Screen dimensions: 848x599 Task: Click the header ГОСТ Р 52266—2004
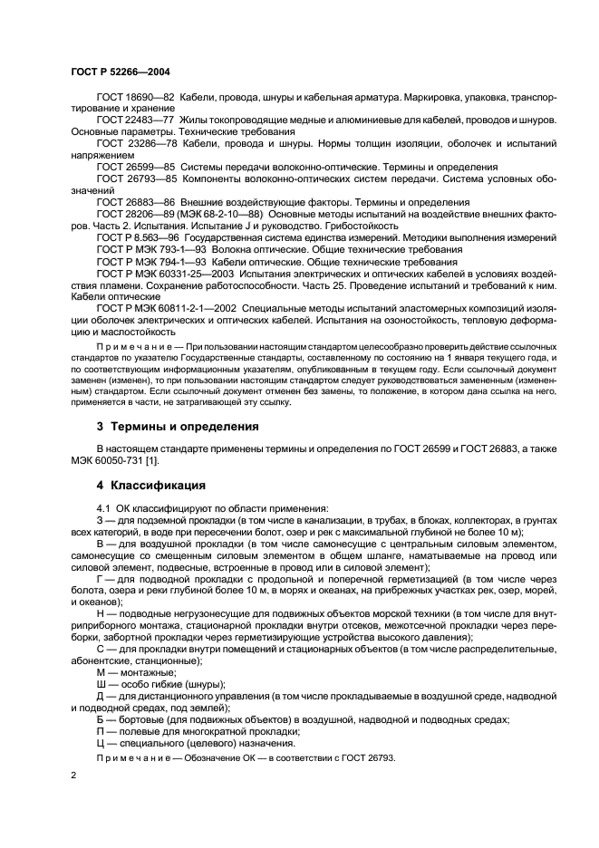[120, 71]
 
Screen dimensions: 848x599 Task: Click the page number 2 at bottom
[74, 776]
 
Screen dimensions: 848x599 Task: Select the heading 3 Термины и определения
[179, 426]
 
